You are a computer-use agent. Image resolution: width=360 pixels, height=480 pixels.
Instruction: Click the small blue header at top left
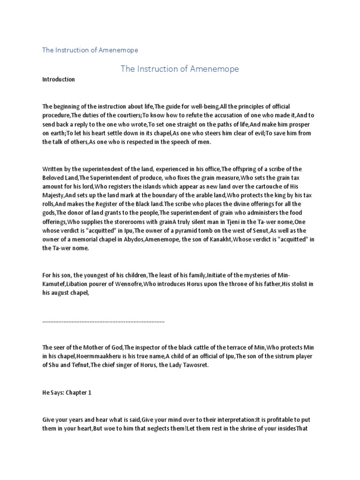click(90, 50)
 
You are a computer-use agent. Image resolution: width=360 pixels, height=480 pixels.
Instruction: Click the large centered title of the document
click(180, 69)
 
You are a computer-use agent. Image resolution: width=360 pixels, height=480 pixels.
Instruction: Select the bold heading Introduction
click(59, 80)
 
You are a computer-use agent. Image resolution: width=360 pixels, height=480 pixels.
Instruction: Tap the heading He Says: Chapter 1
click(67, 393)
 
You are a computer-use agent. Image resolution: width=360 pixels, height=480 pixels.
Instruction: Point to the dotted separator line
click(104, 322)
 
